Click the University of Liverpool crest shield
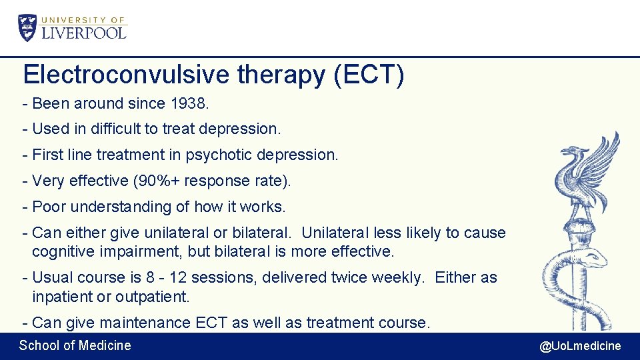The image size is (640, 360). click(28, 28)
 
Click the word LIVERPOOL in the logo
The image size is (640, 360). click(84, 32)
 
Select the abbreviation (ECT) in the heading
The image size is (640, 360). click(368, 75)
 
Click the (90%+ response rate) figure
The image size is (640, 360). click(237, 181)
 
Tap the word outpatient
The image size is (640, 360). click(153, 295)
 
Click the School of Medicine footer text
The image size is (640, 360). click(75, 345)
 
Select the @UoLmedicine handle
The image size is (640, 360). click(580, 345)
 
